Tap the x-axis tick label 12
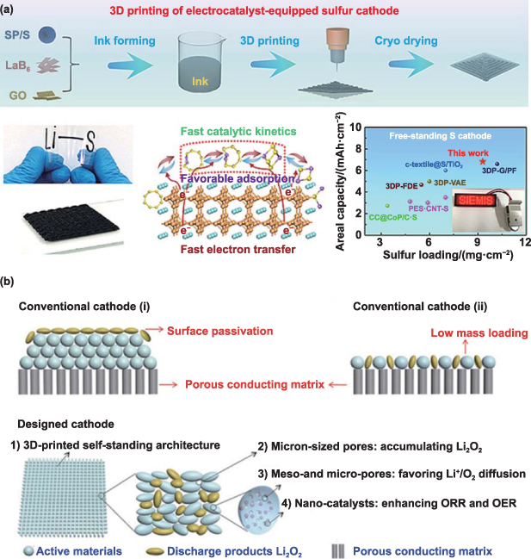(x=521, y=244)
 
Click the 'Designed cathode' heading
(x=55, y=424)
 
